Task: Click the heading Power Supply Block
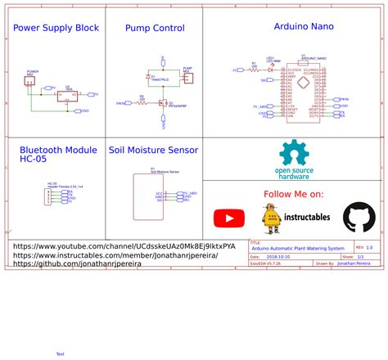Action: (56, 28)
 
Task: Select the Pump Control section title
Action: (155, 28)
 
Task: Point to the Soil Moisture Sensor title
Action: (154, 151)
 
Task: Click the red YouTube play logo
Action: (229, 218)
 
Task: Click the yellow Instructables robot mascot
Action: (270, 218)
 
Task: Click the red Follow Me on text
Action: (293, 194)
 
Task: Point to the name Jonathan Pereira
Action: (354, 264)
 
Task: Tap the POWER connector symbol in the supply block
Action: (32, 79)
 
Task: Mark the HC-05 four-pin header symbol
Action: (52, 196)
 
